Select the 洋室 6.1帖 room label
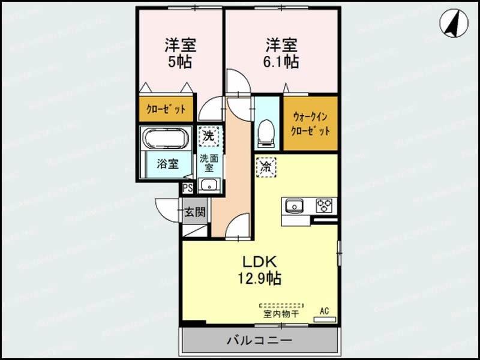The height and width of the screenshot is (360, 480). point(283,53)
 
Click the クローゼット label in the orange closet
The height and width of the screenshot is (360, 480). point(166,110)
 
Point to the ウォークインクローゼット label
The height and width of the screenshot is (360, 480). point(310,123)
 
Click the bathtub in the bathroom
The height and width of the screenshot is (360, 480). point(166,138)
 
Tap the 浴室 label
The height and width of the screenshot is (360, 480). point(167,164)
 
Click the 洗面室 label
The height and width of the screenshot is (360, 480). point(209,164)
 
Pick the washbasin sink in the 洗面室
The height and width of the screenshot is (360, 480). point(209,185)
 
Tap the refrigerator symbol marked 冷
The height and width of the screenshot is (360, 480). point(266,167)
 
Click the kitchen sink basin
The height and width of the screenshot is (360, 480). point(295,206)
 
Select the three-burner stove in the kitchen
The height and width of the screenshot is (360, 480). point(325,206)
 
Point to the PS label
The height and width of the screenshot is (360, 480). point(188,188)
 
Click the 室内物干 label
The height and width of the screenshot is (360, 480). point(281,313)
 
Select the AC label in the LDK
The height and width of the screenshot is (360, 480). point(324,311)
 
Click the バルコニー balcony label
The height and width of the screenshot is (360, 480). point(259,341)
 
